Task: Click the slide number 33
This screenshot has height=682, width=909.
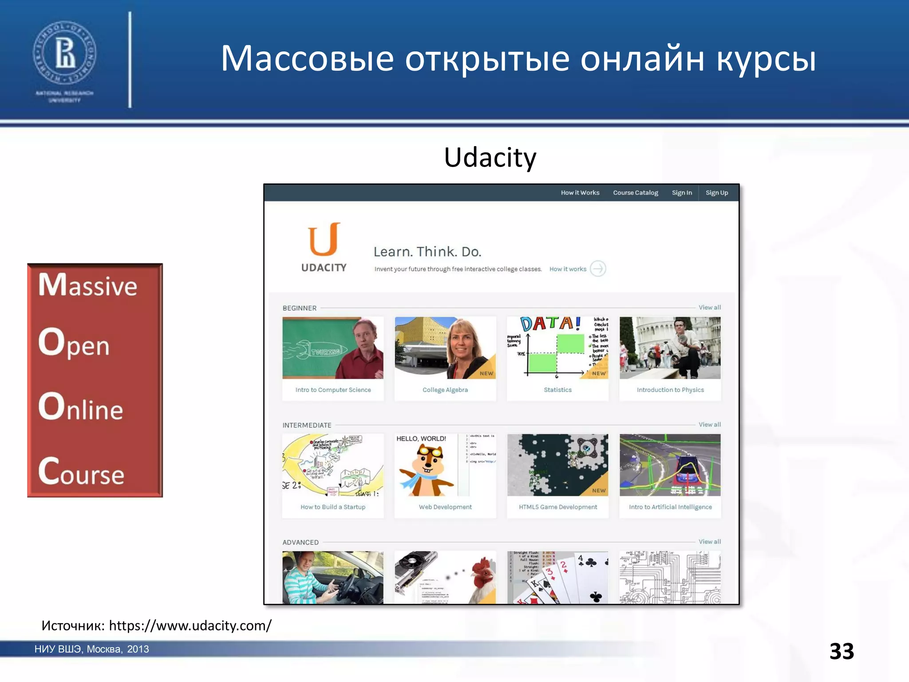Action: [842, 651]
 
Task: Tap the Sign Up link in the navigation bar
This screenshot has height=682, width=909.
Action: [716, 193]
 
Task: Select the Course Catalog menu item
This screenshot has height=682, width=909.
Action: [635, 193]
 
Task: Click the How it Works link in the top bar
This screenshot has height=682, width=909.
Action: [580, 193]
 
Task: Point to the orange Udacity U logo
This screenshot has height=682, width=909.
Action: [324, 240]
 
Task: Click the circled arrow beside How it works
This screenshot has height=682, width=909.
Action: [598, 269]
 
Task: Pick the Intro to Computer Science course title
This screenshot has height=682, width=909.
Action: [333, 390]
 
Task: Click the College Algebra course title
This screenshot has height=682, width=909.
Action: [445, 390]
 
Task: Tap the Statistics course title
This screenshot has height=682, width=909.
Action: [557, 390]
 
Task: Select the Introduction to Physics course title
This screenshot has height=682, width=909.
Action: [670, 390]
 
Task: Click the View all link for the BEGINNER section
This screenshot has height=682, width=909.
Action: [709, 307]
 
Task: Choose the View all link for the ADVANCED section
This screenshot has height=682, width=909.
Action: [709, 542]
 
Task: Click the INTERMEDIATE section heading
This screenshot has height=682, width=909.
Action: [307, 425]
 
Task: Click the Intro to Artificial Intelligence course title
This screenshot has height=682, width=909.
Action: [670, 507]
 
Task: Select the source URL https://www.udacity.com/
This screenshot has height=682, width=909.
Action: [190, 626]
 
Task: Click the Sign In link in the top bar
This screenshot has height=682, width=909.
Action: [682, 193]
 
